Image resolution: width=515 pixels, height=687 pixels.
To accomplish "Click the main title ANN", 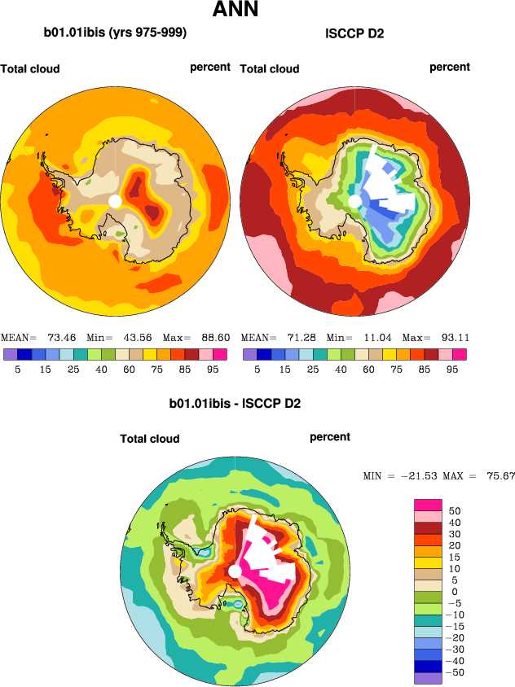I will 235,11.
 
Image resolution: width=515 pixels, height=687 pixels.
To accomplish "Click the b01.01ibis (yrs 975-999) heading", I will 115,33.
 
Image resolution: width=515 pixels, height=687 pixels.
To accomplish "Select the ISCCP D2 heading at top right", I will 354,33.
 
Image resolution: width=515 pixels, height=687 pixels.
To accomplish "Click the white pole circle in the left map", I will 115,201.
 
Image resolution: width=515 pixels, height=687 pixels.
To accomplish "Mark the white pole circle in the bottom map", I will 235,571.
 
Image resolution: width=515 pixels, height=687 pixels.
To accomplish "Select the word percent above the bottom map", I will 330,437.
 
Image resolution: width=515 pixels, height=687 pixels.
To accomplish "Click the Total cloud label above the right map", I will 270,69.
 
